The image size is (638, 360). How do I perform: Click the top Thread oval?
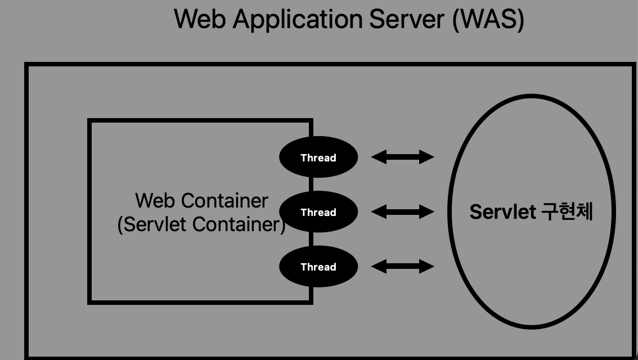pyautogui.click(x=318, y=157)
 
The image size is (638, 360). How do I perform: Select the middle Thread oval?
pyautogui.click(x=318, y=212)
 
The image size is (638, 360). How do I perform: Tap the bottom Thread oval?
pyautogui.click(x=318, y=267)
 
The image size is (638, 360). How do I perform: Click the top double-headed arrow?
pyautogui.click(x=403, y=157)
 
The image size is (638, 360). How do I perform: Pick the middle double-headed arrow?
pyautogui.click(x=403, y=211)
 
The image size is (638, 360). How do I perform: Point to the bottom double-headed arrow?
pyautogui.click(x=403, y=266)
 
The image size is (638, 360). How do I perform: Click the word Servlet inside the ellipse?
pyautogui.click(x=502, y=212)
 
